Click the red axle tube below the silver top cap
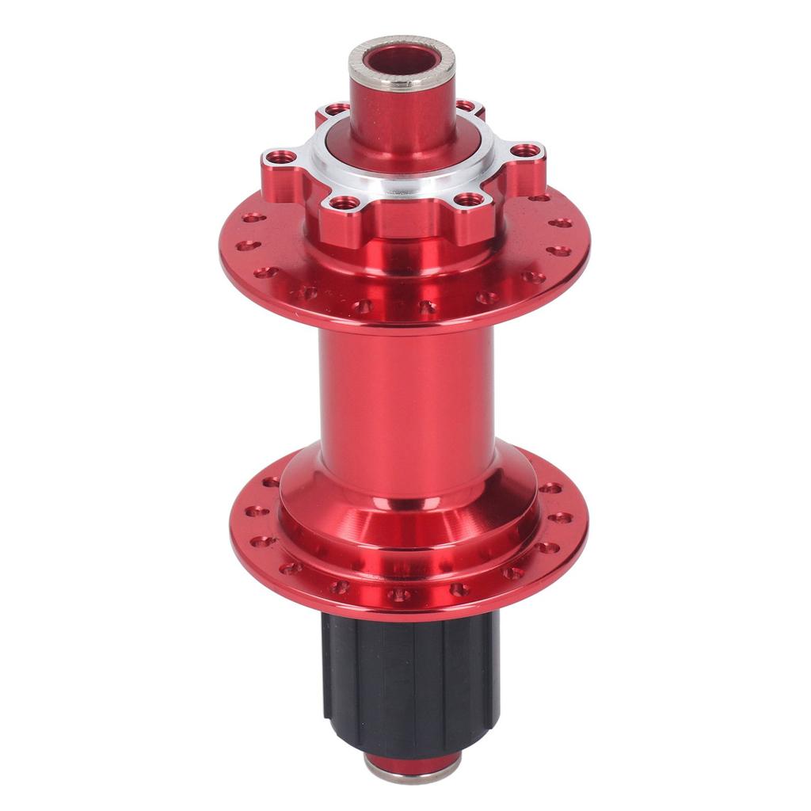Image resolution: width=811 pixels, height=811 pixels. (x=402, y=119)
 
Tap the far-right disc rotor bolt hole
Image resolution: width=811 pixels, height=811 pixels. (x=525, y=150)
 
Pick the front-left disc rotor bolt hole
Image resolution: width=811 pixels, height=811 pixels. (x=342, y=204)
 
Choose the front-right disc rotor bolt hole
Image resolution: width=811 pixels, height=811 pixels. (x=469, y=200)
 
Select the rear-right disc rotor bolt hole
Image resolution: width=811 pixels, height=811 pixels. (x=465, y=105)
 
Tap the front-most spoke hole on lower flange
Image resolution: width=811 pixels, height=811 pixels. (x=400, y=594)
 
